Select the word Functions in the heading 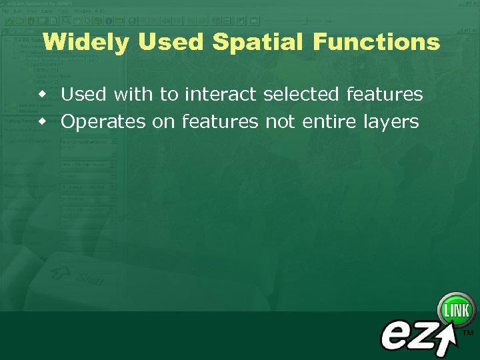(x=376, y=42)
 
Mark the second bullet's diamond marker (x=42, y=122)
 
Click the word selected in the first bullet (x=302, y=95)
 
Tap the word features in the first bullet (x=385, y=95)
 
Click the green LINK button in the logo (x=456, y=309)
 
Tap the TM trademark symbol (x=468, y=331)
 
